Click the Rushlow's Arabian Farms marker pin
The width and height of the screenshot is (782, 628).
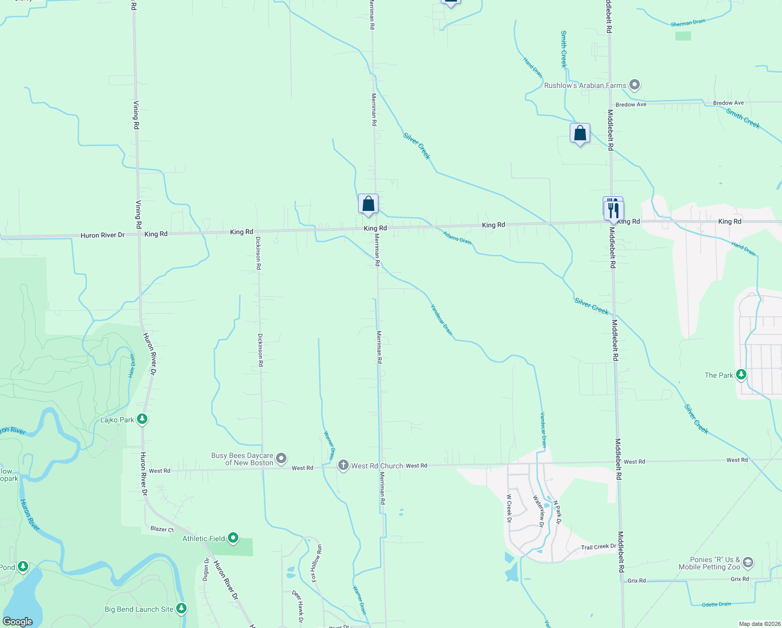(x=635, y=85)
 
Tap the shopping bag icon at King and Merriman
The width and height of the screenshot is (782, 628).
(x=368, y=204)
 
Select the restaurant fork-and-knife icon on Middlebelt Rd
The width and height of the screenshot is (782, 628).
(x=614, y=210)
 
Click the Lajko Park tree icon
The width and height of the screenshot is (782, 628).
(x=142, y=419)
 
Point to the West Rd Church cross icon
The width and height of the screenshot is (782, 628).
(x=343, y=465)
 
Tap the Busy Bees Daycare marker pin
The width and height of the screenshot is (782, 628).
(x=281, y=459)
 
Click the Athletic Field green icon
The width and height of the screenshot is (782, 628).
(x=233, y=538)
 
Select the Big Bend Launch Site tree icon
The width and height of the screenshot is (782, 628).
(x=181, y=608)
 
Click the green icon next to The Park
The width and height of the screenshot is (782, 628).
(x=741, y=375)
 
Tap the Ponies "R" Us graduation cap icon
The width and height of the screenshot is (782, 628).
(x=747, y=563)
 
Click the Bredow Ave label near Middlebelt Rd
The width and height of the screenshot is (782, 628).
(x=631, y=105)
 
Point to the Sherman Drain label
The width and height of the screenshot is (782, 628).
(x=688, y=23)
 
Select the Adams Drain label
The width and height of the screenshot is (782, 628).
(x=457, y=238)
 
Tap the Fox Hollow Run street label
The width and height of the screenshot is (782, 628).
(x=317, y=563)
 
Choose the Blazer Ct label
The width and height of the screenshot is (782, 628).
(x=162, y=529)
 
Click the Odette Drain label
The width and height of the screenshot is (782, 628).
(x=716, y=604)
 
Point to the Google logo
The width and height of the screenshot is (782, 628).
(x=17, y=622)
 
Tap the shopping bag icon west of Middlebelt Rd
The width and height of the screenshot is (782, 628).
(x=580, y=133)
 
